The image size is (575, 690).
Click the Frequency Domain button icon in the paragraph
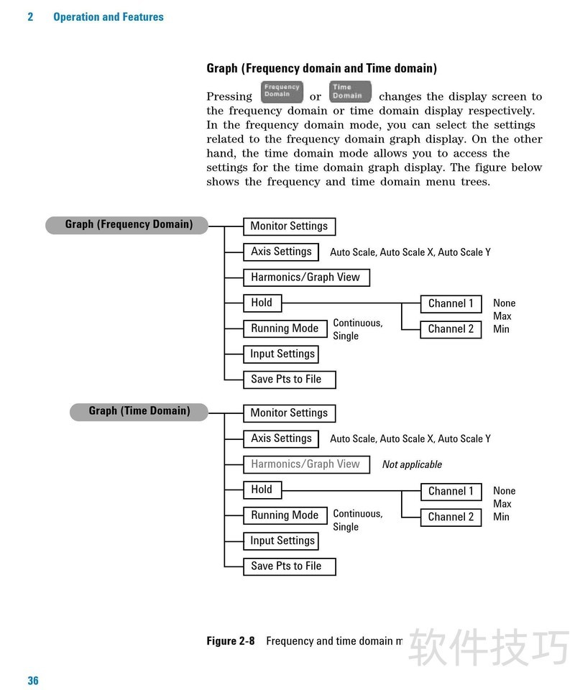coord(281,92)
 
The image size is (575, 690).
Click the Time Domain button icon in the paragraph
coord(350,92)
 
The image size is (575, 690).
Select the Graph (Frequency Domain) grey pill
coord(128,225)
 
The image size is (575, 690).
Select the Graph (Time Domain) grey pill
coord(139,412)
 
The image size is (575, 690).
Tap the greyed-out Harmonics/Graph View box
coord(305,464)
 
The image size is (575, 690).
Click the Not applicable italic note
coord(412,465)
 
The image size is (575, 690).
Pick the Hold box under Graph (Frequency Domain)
coord(262,303)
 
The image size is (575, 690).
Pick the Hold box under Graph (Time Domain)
coord(262,490)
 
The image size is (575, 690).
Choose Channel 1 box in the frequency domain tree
coord(451,304)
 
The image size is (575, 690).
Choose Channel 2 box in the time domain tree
coord(451,517)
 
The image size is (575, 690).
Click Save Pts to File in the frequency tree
coord(289,379)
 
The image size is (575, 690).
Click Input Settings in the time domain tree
coord(282,541)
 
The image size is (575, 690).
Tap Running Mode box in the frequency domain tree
coord(285,328)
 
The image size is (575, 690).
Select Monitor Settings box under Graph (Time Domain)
coord(289,413)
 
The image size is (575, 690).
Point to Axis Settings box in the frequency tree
coord(281,252)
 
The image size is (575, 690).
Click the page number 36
coord(33,681)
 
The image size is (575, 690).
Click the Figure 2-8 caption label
coord(230,641)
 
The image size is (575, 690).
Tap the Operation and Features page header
coord(109,17)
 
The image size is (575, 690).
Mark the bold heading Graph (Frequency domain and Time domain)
coord(321,68)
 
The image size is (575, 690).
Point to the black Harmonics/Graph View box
coord(305,277)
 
